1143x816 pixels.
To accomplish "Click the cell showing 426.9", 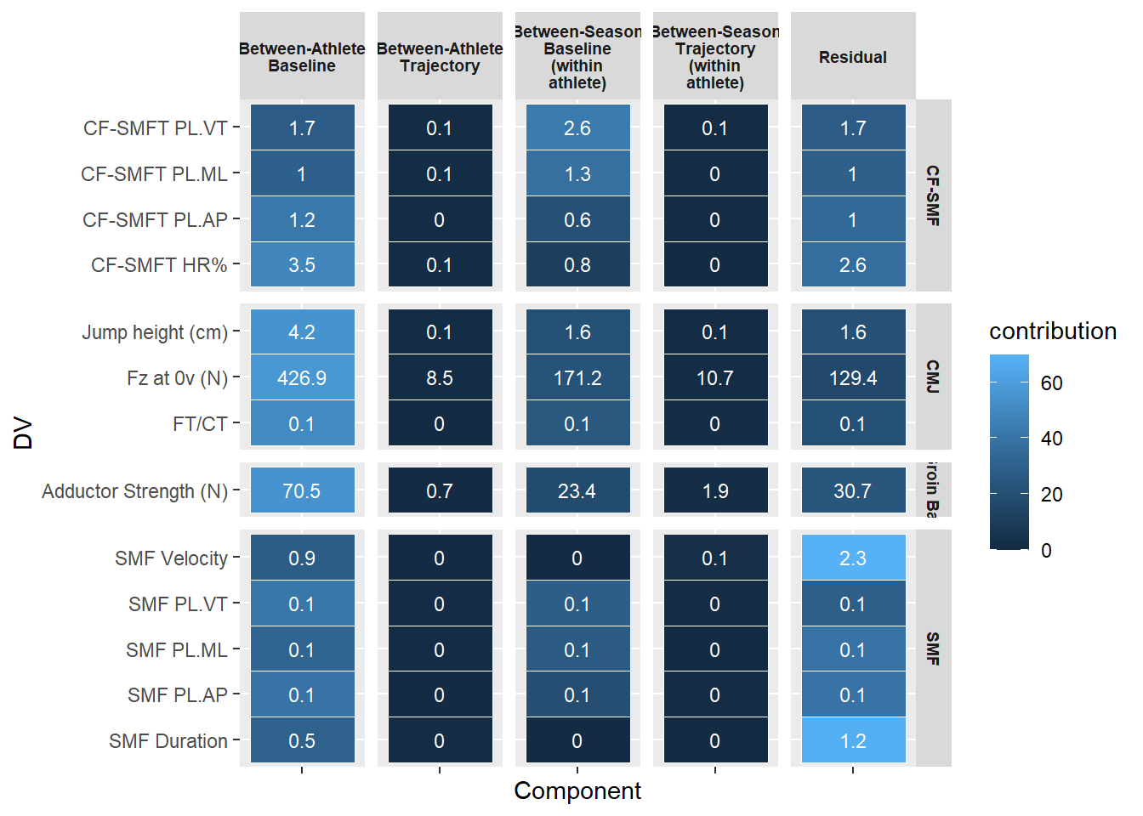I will coord(302,378).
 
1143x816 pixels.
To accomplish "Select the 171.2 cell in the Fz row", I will coord(577,378).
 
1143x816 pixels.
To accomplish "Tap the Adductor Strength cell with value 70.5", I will coord(302,491).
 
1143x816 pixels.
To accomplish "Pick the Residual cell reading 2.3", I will coord(853,558).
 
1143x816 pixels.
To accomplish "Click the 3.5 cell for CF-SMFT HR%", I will coord(302,265).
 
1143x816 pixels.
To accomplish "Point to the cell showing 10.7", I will coord(715,378).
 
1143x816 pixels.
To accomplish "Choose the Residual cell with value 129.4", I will coord(853,378).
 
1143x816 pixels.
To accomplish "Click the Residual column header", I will coord(853,57).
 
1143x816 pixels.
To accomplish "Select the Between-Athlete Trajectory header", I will coord(440,57).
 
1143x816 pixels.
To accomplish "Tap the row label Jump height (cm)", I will coord(155,332).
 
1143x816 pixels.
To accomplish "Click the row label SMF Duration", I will coord(168,741).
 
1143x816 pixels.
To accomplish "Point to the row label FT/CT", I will coord(200,424).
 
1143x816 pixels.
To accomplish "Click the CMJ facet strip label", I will coord(933,377).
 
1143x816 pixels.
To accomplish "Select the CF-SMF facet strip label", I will coord(933,195).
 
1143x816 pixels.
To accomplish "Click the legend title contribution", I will coord(1053,331).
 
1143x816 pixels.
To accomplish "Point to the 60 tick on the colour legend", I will coord(1052,383).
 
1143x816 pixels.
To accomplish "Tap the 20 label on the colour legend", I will coord(1052,495).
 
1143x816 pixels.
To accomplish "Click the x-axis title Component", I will coord(577,791).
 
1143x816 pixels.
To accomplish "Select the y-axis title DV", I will coord(23,433).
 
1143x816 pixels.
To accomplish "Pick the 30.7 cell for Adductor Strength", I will coord(853,491).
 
